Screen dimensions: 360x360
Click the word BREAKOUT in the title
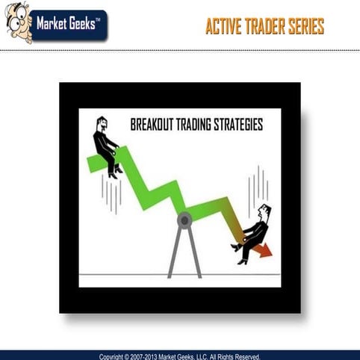point(152,125)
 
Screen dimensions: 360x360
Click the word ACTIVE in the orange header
point(225,27)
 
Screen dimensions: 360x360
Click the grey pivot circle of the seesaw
point(184,219)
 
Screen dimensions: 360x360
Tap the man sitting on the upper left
point(107,146)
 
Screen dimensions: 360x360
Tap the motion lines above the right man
point(258,183)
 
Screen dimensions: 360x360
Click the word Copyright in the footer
point(115,356)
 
